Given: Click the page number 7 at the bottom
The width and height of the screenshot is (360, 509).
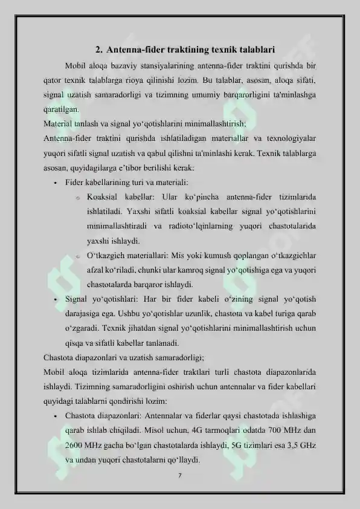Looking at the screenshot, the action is point(180,475).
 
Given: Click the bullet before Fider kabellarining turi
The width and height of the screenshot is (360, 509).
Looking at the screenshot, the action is point(54,183).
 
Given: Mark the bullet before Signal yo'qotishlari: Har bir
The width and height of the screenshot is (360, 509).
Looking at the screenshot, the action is point(54,299).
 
